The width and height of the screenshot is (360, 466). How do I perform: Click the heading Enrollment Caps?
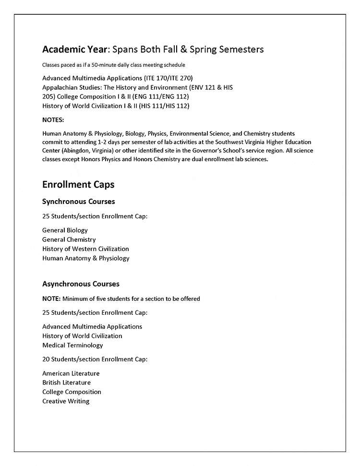tap(78, 184)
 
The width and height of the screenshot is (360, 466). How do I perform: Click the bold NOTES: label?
tap(53, 120)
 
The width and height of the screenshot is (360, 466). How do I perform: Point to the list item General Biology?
tap(65, 230)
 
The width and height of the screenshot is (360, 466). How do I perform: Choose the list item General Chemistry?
tap(69, 239)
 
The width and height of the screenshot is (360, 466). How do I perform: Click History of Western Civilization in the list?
tap(85, 249)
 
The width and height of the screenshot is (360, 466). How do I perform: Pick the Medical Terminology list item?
tap(72, 345)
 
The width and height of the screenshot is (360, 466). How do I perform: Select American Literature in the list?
tap(71, 373)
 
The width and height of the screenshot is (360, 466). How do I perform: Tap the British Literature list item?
tap(66, 382)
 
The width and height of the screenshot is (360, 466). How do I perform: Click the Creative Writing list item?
tap(66, 401)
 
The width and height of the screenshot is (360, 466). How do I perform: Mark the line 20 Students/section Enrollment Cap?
tap(95, 359)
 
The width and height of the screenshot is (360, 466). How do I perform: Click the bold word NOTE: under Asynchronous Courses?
tap(51, 299)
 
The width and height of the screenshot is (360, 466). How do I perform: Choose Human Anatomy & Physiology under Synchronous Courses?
tap(86, 258)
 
